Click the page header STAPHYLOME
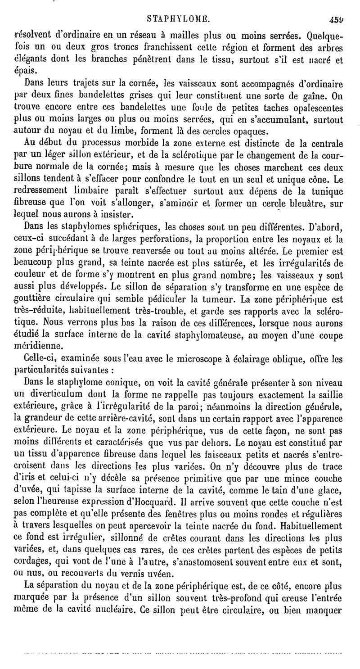(178, 19)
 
